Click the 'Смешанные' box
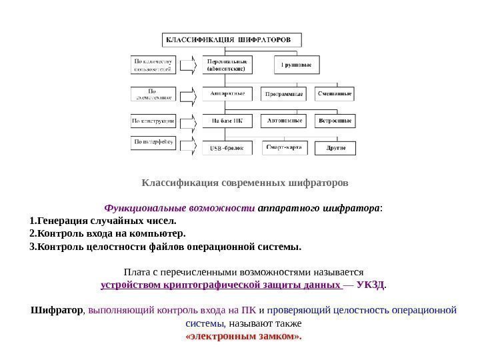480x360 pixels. point(335,94)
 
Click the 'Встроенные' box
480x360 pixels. point(335,121)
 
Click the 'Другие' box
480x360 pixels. point(335,147)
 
